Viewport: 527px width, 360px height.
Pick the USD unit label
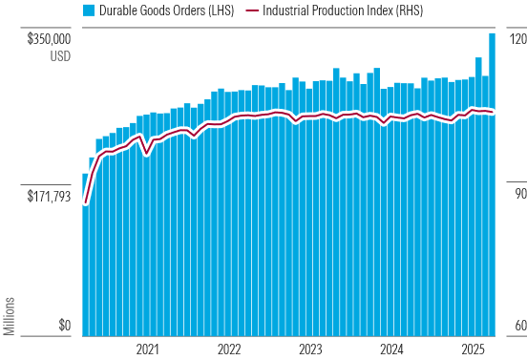(x=59, y=56)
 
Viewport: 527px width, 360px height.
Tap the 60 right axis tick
(x=516, y=327)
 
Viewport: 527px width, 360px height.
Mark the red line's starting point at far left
(x=85, y=203)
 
